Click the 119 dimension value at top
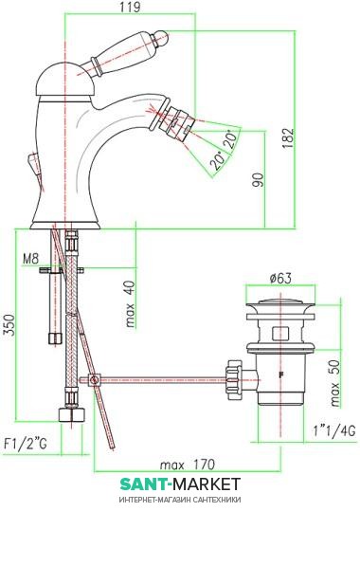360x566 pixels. [130, 7]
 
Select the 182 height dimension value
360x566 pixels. [288, 138]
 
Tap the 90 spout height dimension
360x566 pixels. [258, 180]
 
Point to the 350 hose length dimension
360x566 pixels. [9, 325]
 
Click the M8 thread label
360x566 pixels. [30, 259]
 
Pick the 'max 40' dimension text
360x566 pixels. [130, 304]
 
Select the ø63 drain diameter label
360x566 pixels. [280, 279]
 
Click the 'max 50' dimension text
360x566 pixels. [335, 383]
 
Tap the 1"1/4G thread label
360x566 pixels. [334, 430]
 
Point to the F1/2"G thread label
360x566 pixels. [26, 444]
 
